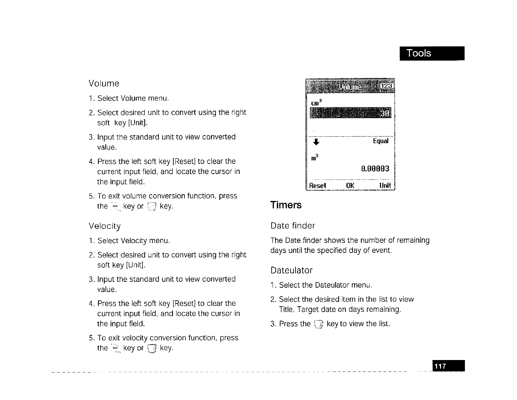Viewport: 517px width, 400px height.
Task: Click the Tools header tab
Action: (431, 53)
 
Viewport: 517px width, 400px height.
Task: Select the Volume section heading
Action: (104, 84)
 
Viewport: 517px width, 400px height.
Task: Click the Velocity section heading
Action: (105, 226)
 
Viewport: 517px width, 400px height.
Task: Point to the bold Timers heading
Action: (286, 205)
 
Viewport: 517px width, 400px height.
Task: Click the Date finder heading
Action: (293, 226)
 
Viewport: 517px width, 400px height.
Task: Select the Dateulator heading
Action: (291, 270)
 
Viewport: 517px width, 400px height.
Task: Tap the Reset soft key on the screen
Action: (317, 186)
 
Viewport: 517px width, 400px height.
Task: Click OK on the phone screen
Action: (350, 186)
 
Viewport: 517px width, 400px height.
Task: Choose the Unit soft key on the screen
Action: (385, 186)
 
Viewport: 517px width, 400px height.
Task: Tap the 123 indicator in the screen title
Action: (387, 86)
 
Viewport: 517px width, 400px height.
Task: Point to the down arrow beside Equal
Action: (316, 142)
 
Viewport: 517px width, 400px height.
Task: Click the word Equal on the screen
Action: (380, 141)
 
